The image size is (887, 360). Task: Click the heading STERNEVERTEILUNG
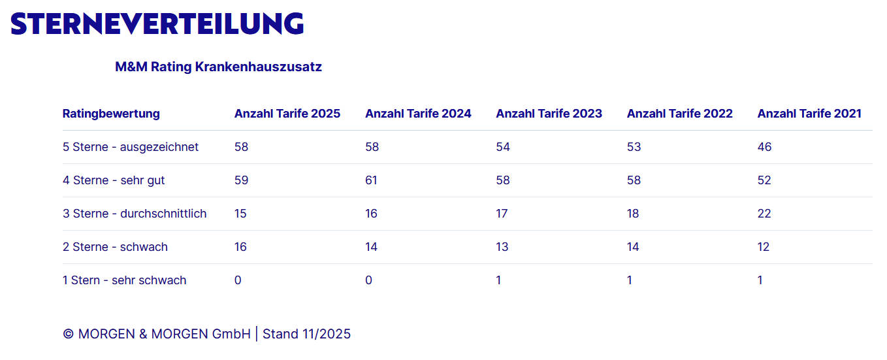[x=157, y=24]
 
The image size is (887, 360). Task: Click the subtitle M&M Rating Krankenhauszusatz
[x=218, y=67]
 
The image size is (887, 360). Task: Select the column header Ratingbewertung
[x=111, y=113]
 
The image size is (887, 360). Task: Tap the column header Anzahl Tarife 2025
[x=287, y=113]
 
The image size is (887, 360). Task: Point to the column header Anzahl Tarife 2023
[x=549, y=113]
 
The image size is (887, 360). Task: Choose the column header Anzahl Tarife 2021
[x=809, y=113]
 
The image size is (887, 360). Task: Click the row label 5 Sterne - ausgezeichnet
[x=131, y=147]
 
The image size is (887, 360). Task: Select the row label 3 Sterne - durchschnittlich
[x=135, y=214]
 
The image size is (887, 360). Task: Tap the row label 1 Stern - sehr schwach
[x=125, y=280]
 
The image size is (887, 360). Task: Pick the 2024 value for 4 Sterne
[x=371, y=180]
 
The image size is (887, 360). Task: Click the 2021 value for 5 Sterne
[x=764, y=147]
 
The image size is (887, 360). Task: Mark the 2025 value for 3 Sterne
[x=240, y=214]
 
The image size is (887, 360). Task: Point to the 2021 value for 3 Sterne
[x=764, y=214]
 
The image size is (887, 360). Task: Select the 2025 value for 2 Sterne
[x=240, y=247]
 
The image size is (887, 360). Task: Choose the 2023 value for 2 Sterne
[x=502, y=247]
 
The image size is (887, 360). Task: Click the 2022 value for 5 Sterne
[x=634, y=147]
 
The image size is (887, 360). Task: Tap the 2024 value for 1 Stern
[x=368, y=280]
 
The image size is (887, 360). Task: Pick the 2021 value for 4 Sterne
[x=764, y=180]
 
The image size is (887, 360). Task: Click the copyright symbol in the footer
[x=68, y=335]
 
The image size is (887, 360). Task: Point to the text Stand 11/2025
[x=306, y=334]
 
